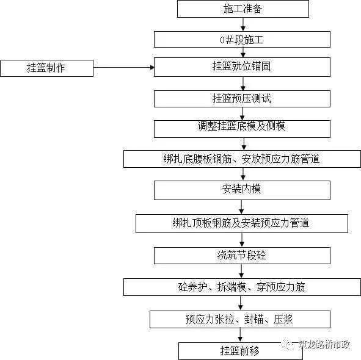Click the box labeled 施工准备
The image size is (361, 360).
click(243, 9)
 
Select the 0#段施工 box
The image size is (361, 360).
click(242, 40)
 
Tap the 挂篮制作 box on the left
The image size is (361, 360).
click(47, 68)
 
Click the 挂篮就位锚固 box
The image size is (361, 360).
click(242, 67)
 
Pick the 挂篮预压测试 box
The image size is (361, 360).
click(242, 99)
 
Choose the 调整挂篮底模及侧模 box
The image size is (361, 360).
click(242, 129)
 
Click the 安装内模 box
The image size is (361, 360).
click(242, 190)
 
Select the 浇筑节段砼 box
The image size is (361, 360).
click(242, 256)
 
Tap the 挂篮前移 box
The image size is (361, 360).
click(240, 351)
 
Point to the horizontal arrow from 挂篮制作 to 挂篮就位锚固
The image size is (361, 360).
click(124, 67)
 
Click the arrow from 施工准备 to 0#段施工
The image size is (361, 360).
click(243, 24)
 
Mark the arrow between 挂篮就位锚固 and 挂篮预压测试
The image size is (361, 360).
click(243, 84)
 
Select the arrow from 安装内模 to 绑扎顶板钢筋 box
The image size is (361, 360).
click(241, 207)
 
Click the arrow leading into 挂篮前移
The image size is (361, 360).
click(240, 335)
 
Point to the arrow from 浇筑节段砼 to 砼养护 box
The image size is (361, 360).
click(241, 271)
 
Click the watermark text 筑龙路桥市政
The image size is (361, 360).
click(324, 344)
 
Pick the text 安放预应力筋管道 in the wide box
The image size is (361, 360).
click(280, 159)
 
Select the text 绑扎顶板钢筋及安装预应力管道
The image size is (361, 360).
click(241, 223)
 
